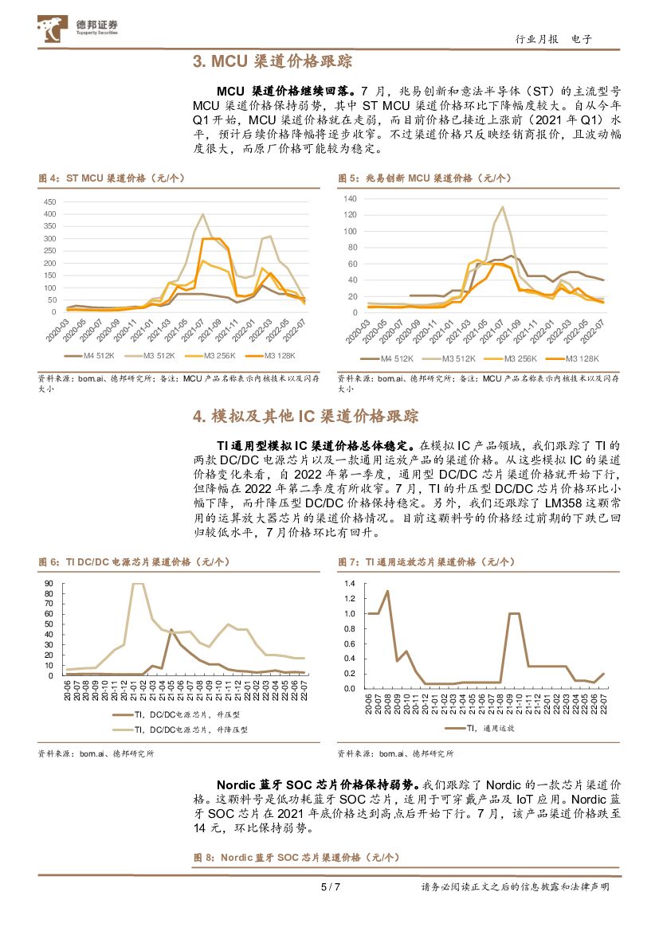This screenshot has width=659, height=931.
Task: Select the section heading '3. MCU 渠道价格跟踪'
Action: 273,61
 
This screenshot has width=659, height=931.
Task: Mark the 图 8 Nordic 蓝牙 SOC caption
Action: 296,858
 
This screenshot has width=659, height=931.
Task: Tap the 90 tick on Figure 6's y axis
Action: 49,583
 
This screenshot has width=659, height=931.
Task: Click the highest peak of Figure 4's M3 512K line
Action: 202,213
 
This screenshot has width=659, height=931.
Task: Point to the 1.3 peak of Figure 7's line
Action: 387,591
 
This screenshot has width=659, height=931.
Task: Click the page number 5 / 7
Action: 330,886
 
